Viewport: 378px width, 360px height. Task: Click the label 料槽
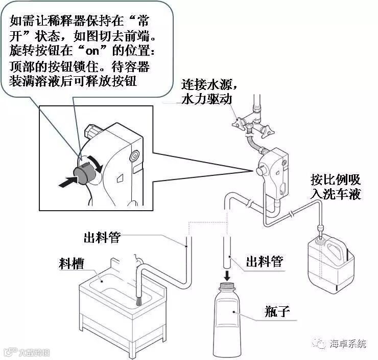point(72,263)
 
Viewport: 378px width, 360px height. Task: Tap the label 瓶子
point(277,311)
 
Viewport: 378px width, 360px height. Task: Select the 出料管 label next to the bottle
point(264,261)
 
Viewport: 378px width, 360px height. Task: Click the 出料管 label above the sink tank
point(102,237)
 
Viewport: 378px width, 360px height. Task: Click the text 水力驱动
point(207,99)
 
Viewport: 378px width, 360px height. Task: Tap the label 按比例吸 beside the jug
point(335,179)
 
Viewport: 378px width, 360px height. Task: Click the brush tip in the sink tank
point(138,301)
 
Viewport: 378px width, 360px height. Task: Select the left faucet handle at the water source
point(238,123)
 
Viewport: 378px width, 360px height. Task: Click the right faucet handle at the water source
point(267,130)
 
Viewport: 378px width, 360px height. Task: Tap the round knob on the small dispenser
point(261,171)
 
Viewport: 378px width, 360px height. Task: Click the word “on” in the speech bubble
point(92,51)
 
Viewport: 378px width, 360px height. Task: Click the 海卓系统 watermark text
point(348,344)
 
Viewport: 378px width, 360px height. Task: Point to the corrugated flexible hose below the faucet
point(254,144)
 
